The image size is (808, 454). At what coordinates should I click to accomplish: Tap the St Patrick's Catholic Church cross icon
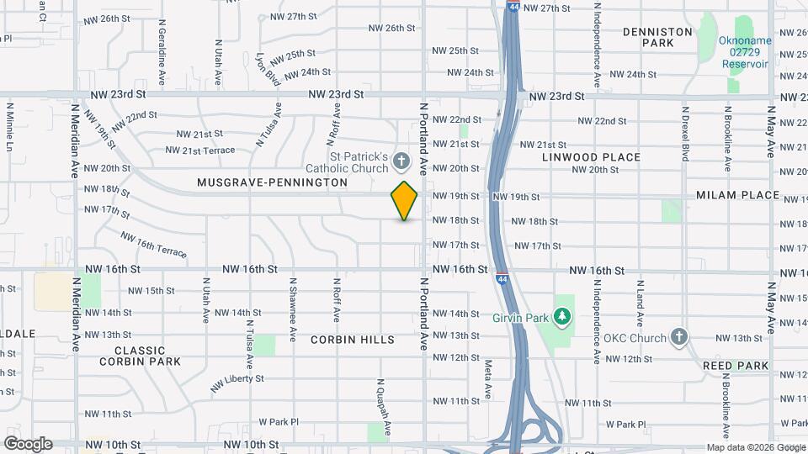pyautogui.click(x=402, y=161)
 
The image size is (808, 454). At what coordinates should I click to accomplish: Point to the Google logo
pyautogui.click(x=27, y=444)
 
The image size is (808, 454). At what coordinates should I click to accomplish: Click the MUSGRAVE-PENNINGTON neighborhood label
pyautogui.click(x=272, y=182)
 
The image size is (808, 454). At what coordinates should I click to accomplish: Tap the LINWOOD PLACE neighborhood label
pyautogui.click(x=591, y=157)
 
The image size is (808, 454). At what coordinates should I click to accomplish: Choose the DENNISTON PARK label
pyautogui.click(x=657, y=37)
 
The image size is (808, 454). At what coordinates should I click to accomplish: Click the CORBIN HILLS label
pyautogui.click(x=352, y=340)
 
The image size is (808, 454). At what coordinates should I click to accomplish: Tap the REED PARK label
pyautogui.click(x=736, y=366)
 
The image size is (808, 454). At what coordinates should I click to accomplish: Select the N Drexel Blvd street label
pyautogui.click(x=686, y=135)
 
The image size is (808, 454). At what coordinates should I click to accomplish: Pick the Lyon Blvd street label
pyautogui.click(x=268, y=69)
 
